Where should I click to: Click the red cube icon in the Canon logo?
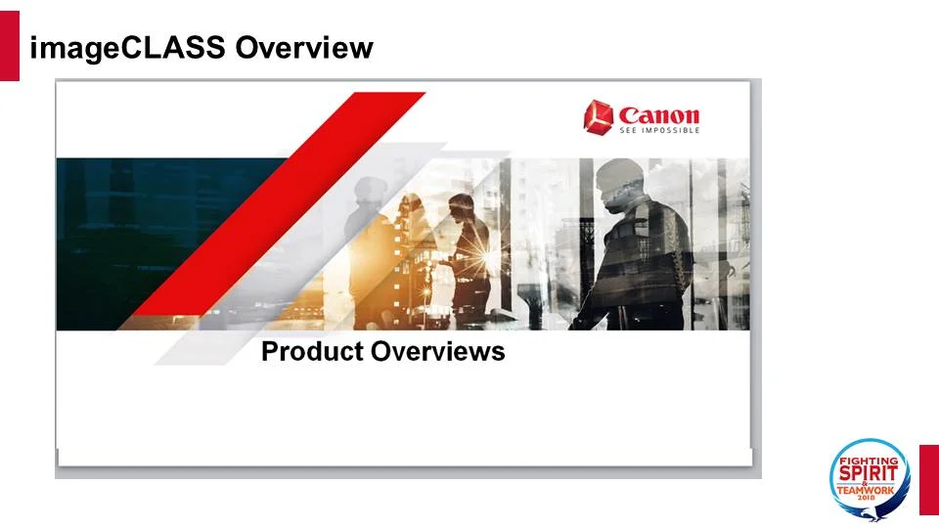coord(598,116)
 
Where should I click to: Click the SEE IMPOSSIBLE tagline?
coord(658,130)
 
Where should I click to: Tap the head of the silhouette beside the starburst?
coord(460,207)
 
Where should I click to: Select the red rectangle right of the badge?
coord(928,479)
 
